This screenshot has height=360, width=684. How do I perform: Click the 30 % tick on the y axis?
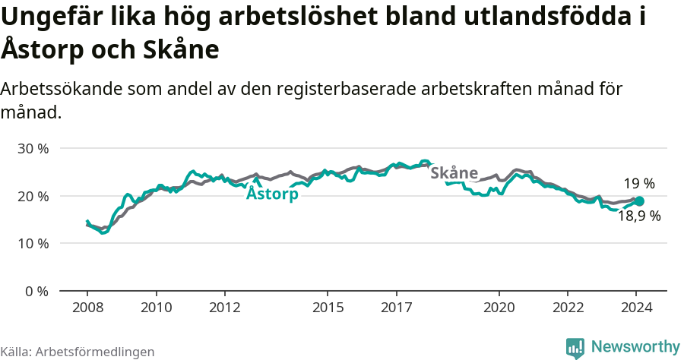[33, 148]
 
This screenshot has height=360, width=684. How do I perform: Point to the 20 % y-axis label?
[33, 196]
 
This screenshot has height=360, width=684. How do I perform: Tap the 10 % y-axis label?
[33, 244]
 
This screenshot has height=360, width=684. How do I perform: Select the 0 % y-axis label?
[36, 291]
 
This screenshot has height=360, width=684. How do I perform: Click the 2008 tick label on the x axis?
[87, 308]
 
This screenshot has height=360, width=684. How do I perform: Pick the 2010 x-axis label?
[156, 308]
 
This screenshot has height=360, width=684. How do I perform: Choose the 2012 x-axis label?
[225, 308]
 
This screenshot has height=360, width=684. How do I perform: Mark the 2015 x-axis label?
[328, 308]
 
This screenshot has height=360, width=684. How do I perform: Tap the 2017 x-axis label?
[396, 308]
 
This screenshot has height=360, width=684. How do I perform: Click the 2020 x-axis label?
[499, 308]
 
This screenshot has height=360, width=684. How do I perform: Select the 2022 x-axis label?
[568, 308]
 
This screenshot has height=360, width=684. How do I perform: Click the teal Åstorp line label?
[272, 194]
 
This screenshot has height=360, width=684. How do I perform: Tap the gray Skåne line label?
[454, 172]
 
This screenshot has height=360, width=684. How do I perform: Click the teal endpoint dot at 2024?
[639, 201]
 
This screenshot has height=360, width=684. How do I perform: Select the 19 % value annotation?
[639, 183]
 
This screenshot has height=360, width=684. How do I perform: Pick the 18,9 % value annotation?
[639, 216]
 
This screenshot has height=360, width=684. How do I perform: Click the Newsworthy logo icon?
[575, 348]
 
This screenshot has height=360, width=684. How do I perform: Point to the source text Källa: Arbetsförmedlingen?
[78, 352]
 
